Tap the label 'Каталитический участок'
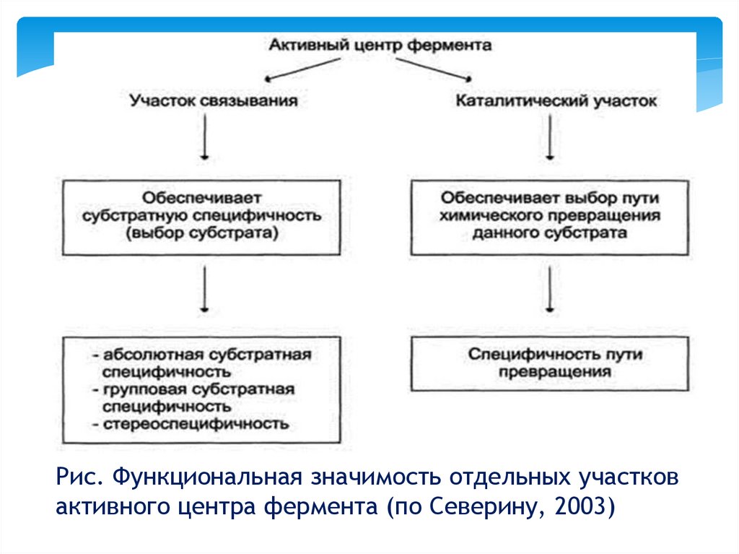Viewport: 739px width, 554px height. (x=556, y=101)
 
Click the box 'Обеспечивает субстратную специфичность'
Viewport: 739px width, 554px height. (x=201, y=217)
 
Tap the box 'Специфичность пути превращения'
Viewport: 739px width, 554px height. (x=550, y=363)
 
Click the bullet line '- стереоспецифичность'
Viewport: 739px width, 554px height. (x=191, y=423)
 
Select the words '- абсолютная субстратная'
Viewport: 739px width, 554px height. (x=202, y=356)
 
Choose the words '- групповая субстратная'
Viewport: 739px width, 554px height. (x=193, y=389)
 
